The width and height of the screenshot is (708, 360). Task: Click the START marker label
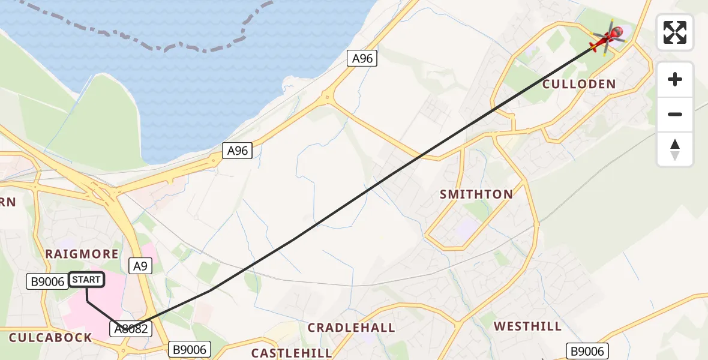pos(87,280)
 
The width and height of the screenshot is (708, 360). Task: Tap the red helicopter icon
pos(608,39)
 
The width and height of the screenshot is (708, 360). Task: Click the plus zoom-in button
pos(675,79)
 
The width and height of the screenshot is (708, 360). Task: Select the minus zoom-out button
pos(675,114)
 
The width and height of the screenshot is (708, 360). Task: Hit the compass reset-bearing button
pos(675,149)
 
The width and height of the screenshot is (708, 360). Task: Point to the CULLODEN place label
pos(579,84)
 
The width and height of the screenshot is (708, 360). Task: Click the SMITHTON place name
pos(476,194)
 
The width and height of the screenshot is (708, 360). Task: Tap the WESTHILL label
pos(527,326)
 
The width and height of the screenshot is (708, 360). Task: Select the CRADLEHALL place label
pos(351,328)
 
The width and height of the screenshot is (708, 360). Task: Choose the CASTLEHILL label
pos(291,353)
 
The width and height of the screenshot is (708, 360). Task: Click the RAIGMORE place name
pos(82,254)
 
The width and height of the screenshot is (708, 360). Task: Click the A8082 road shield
pos(130,329)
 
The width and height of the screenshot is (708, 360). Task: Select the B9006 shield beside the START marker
pos(46,281)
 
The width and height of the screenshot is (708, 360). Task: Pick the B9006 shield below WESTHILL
pos(588,351)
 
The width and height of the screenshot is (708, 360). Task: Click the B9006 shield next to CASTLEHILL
pos(189,349)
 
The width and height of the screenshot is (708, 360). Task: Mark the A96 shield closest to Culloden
pos(362,58)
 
